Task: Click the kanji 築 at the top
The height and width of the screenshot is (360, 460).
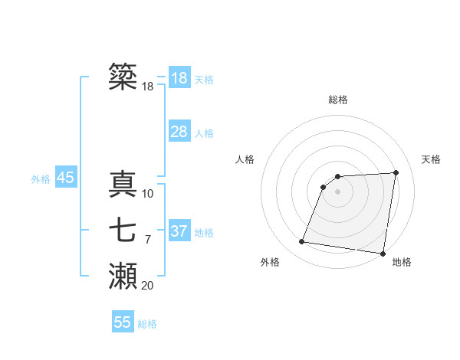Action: [123, 77]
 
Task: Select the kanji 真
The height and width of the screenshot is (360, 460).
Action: [123, 184]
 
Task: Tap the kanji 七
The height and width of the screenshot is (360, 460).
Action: [123, 230]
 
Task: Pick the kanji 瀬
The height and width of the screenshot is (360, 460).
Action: [123, 276]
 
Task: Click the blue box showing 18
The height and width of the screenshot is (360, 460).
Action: [179, 78]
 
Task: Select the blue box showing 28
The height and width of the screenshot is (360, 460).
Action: [179, 132]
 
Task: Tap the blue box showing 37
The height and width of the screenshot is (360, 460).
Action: [179, 231]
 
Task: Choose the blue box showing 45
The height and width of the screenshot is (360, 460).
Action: [65, 178]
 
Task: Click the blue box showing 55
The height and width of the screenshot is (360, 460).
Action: [123, 322]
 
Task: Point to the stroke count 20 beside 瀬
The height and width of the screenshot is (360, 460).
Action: [147, 286]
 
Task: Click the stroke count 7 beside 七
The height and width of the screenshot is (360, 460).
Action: [147, 240]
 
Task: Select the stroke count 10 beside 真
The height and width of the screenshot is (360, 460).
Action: [147, 194]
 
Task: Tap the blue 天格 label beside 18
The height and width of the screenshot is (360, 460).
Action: [204, 80]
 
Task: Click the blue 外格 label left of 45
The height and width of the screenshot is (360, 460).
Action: [41, 179]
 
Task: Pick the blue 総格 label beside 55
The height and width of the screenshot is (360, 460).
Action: [147, 324]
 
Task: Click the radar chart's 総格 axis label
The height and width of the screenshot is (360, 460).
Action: [338, 100]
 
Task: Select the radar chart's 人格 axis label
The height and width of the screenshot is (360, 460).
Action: [245, 159]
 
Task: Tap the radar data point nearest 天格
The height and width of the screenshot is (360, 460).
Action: [396, 172]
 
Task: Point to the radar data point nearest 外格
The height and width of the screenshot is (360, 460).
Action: [302, 242]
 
